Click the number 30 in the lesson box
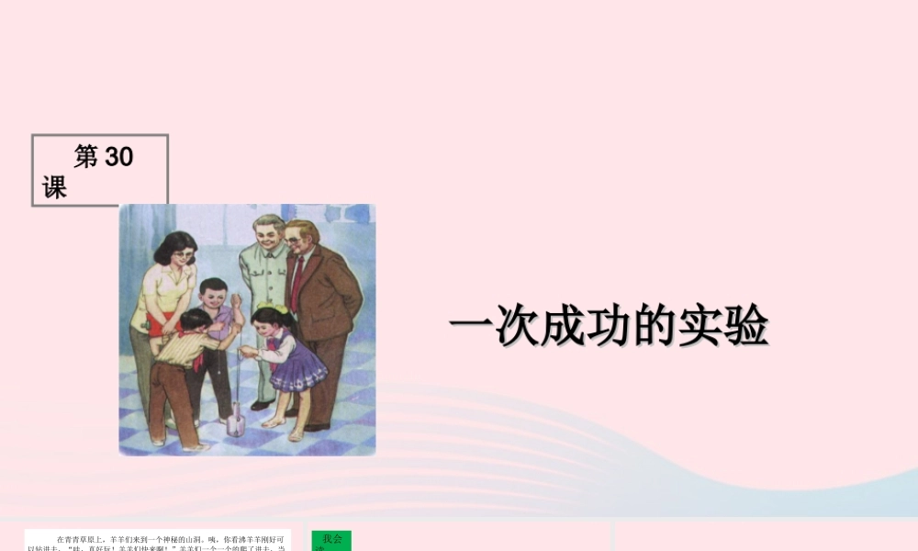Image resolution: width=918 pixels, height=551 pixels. [x=119, y=157]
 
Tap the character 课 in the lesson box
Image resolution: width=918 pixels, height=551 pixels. [x=54, y=188]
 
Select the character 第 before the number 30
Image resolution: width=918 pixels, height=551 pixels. [x=85, y=157]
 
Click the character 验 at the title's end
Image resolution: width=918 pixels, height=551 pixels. [x=744, y=325]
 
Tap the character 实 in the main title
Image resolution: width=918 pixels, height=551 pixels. [x=699, y=325]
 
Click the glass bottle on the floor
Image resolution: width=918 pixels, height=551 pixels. [x=235, y=424]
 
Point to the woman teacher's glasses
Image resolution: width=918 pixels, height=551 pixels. [x=184, y=255]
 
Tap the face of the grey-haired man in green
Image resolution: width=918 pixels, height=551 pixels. [x=268, y=234]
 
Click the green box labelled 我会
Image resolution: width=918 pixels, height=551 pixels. [x=330, y=540]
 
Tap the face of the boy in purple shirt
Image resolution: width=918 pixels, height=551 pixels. [x=215, y=298]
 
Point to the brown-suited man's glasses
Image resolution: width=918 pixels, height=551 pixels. [x=296, y=240]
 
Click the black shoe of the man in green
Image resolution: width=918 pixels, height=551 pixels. [x=261, y=405]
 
